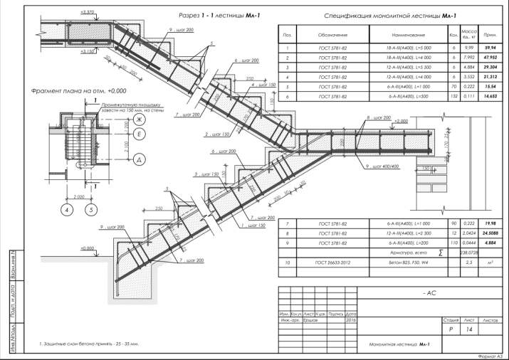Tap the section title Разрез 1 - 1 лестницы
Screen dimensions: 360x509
(x=214, y=14)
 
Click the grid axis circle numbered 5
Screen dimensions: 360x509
(x=90, y=210)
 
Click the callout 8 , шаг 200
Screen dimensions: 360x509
(x=378, y=116)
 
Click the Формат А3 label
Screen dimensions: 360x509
(x=490, y=354)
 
